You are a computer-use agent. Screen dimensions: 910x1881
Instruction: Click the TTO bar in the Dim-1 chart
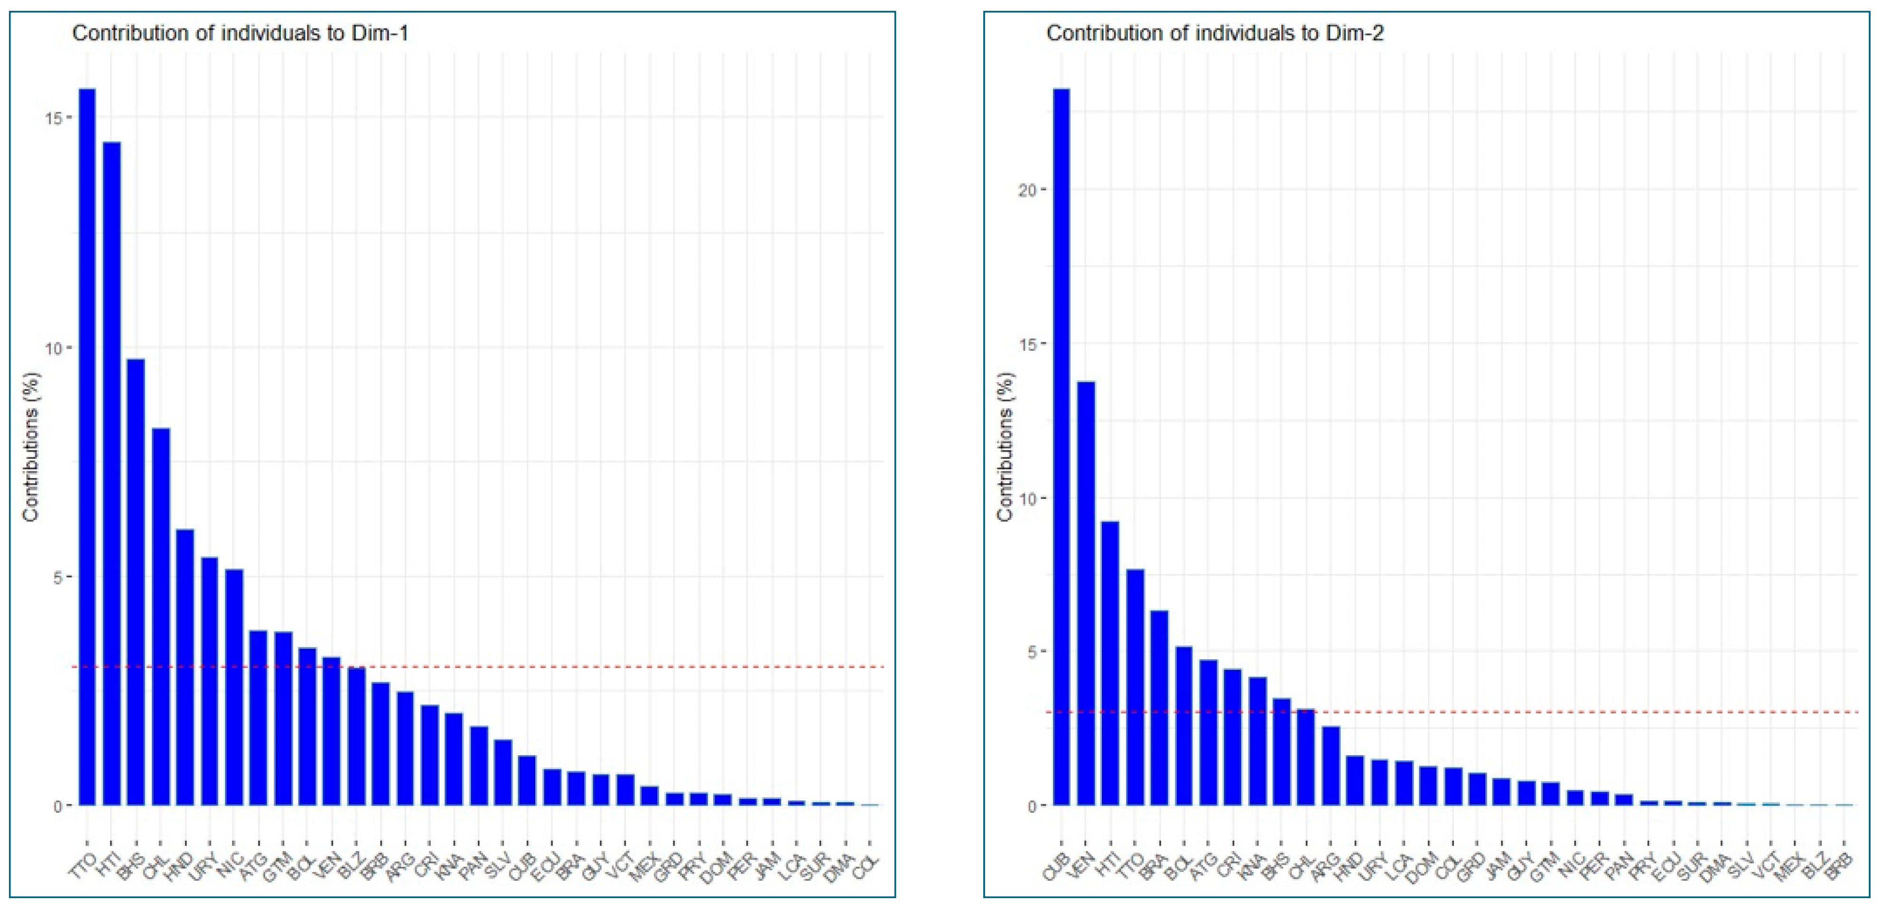(87, 445)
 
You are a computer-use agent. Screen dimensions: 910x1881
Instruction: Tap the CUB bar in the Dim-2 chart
(1061, 445)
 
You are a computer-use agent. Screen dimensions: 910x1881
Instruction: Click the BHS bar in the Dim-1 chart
(136, 582)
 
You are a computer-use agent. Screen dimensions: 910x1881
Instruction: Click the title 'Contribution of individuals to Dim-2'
(1214, 33)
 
